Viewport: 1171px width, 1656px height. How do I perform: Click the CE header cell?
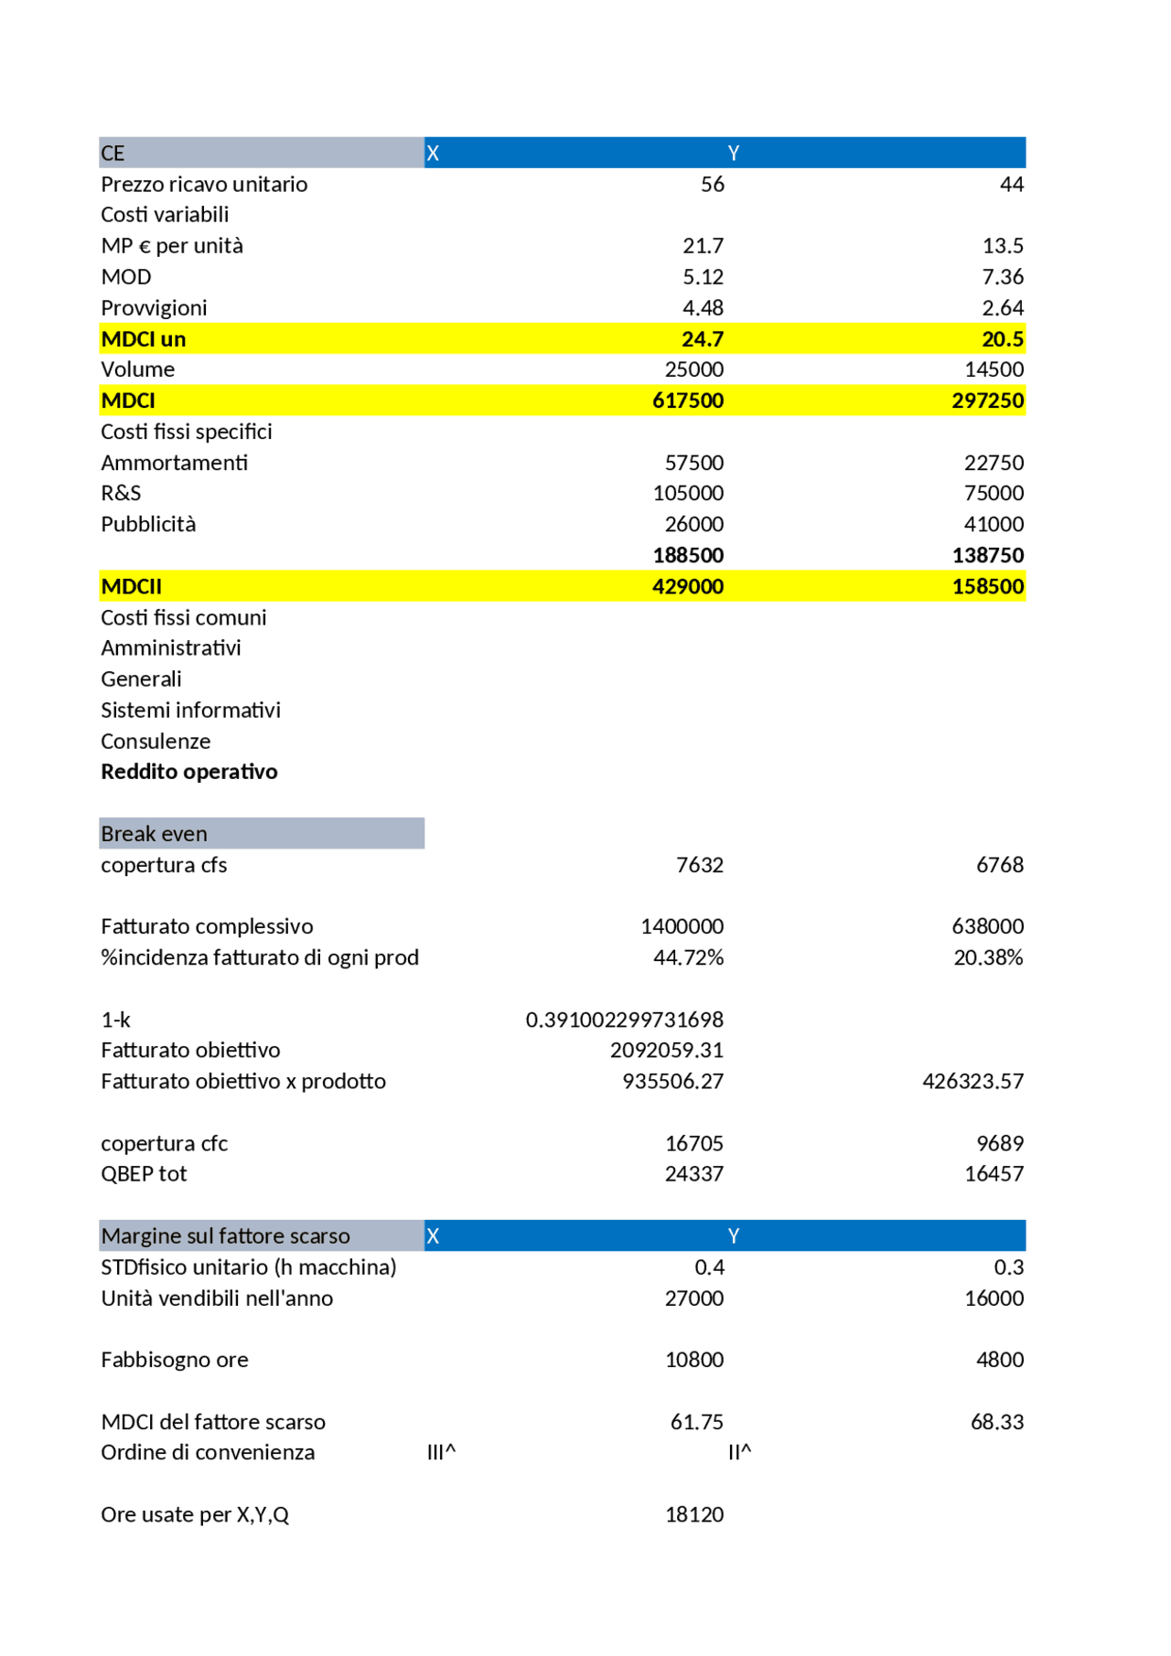113,154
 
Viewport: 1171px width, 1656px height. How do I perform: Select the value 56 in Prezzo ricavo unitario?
712,185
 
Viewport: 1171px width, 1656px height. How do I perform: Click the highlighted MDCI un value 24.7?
702,339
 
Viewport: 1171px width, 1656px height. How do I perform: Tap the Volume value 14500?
994,369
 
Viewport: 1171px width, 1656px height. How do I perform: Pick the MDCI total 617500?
687,401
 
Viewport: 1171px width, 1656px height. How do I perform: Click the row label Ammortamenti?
174,463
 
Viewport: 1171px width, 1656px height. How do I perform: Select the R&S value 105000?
688,494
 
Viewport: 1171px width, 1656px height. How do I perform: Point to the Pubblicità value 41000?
994,525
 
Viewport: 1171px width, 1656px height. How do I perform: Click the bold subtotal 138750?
987,556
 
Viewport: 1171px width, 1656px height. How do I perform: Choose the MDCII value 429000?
687,587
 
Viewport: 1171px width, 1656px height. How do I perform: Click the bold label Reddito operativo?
188,772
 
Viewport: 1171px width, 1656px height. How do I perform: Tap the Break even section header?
154,834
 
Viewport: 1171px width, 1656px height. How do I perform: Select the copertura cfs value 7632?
699,865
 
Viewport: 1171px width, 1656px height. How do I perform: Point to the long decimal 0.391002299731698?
624,1020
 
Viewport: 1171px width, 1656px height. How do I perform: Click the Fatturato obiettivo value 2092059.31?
666,1051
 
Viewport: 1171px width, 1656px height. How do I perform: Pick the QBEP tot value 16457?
994,1174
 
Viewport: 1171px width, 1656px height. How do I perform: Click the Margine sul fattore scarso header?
225,1236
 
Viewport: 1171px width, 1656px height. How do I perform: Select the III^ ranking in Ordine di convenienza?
441,1452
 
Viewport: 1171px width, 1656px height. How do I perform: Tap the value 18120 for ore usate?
693,1514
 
